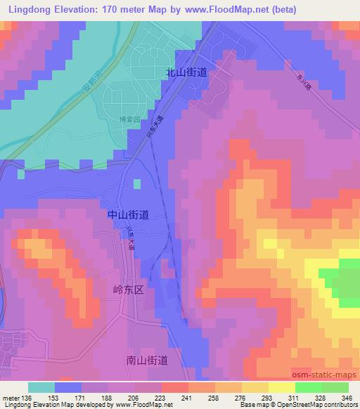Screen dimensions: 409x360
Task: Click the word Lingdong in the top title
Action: [x=29, y=10]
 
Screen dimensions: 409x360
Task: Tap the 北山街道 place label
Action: [x=186, y=72]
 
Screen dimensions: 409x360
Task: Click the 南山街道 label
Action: [x=147, y=360]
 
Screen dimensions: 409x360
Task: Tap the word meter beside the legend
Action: [x=11, y=398]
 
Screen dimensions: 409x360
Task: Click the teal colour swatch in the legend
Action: [x=41, y=387]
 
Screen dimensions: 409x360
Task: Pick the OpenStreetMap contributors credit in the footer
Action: [x=316, y=405]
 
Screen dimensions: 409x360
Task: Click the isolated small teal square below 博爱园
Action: [x=136, y=185]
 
